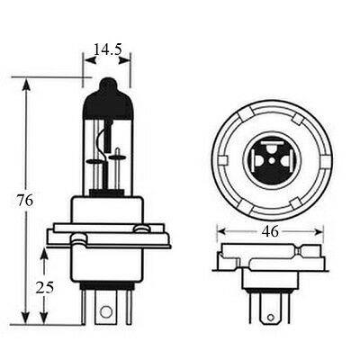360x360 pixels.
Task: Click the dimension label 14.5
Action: pyautogui.click(x=108, y=49)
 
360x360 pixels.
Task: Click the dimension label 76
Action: pyautogui.click(x=25, y=201)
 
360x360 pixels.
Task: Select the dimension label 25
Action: pyautogui.click(x=45, y=287)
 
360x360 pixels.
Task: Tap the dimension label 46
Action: pyautogui.click(x=270, y=231)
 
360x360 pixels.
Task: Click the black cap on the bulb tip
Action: pyautogui.click(x=108, y=98)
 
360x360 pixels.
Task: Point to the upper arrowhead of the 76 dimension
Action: pyautogui.click(x=26, y=85)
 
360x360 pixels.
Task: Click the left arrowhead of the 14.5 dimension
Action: pyautogui.click(x=91, y=60)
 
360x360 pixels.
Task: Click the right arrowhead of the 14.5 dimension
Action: pyautogui.click(x=124, y=60)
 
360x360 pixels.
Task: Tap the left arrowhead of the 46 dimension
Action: pyautogui.click(x=222, y=231)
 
